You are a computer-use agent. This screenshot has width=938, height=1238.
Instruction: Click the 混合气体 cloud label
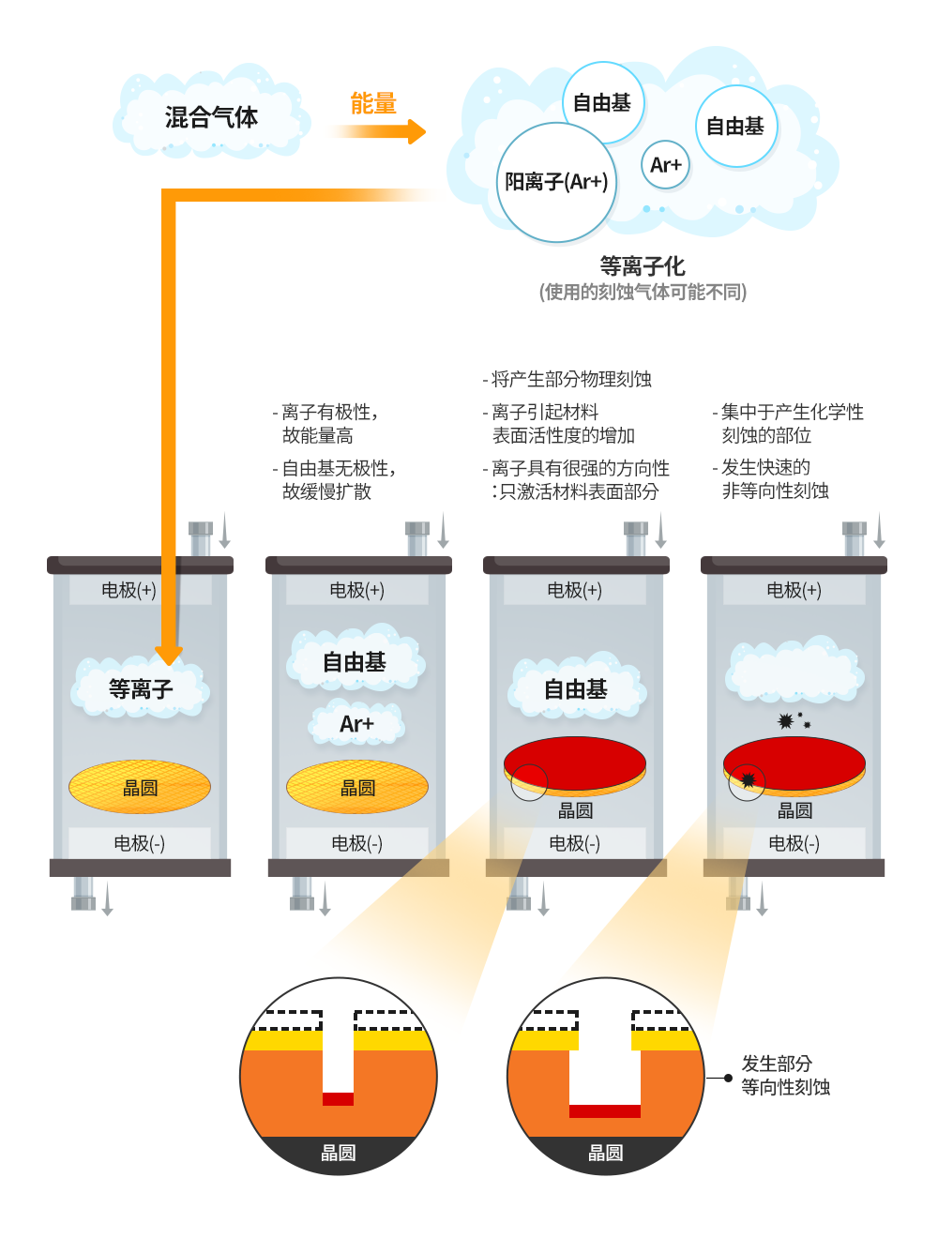[211, 117]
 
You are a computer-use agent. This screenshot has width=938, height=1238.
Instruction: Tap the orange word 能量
[373, 104]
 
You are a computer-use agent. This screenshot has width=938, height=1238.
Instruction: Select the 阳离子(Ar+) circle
[556, 182]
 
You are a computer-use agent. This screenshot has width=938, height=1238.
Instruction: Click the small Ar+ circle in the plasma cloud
[666, 165]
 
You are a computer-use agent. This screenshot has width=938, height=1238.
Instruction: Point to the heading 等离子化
[643, 266]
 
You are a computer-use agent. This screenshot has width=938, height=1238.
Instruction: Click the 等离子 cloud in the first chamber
[141, 689]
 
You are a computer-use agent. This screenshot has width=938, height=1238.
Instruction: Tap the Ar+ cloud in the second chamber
[356, 724]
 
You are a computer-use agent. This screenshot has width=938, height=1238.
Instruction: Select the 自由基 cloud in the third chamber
[576, 690]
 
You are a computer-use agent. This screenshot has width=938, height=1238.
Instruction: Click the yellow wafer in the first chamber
[140, 787]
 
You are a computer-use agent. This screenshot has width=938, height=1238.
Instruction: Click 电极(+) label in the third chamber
[574, 590]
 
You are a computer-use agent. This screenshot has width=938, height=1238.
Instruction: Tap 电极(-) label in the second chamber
[356, 843]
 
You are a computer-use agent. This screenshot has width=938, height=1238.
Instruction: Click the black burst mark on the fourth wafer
[749, 779]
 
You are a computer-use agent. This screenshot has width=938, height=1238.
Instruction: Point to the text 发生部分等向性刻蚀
[785, 1076]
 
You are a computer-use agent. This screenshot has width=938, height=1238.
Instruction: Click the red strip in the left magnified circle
[338, 1098]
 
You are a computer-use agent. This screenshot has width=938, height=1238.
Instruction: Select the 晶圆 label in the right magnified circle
[605, 1153]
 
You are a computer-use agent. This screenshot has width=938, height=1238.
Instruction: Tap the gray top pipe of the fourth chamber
[854, 539]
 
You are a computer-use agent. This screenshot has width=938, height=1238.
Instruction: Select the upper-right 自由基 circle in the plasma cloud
[735, 127]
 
